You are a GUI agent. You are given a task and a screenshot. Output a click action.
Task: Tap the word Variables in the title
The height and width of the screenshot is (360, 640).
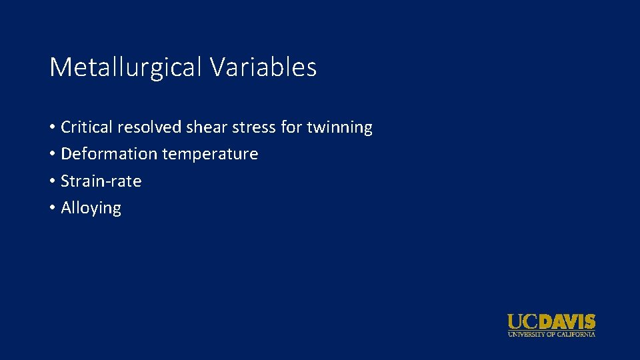click(x=263, y=67)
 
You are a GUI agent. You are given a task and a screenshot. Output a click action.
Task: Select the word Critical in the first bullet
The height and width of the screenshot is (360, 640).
click(x=87, y=127)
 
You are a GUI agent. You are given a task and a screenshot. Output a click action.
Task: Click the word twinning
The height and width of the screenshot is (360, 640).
click(x=339, y=127)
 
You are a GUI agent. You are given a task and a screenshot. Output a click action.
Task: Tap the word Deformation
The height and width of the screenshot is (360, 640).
click(x=107, y=154)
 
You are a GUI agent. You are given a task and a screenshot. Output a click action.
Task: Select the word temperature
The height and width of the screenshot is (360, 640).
click(x=208, y=154)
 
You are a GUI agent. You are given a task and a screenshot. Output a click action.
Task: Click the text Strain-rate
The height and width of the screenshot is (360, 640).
click(x=101, y=181)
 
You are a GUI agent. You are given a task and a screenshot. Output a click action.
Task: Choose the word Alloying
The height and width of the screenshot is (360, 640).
click(x=91, y=208)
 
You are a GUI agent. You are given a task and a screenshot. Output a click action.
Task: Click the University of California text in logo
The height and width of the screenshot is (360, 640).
click(x=551, y=334)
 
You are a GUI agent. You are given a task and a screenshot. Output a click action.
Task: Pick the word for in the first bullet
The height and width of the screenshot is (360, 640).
click(x=291, y=127)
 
